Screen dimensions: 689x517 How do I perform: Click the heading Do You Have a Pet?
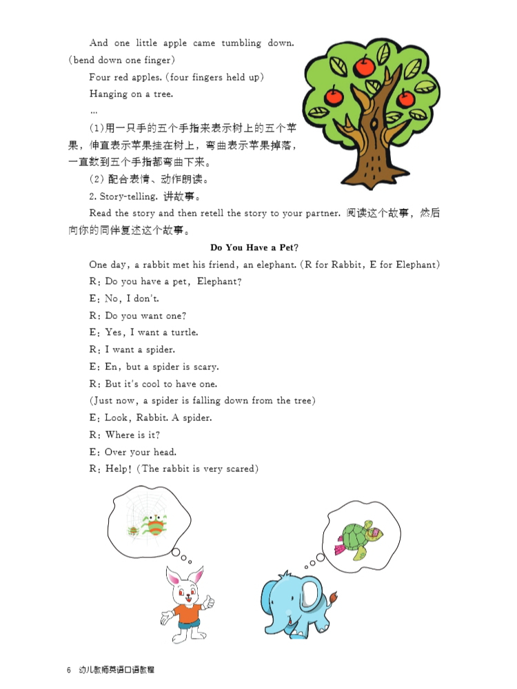pos(258,247)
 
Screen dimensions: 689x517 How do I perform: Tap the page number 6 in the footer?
pos(69,670)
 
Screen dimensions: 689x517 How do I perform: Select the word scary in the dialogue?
pos(205,367)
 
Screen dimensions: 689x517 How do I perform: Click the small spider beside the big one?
pos(131,531)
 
